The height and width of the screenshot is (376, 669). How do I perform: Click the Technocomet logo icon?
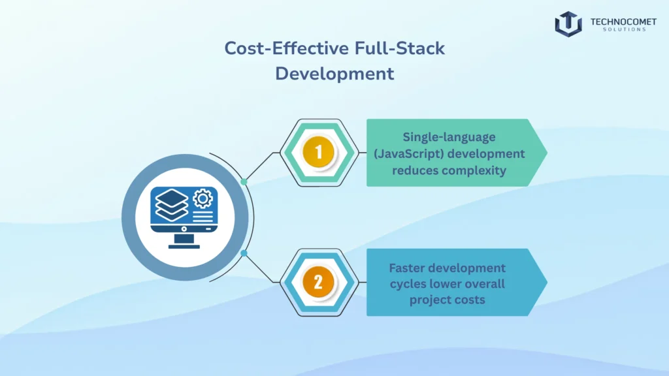(x=568, y=24)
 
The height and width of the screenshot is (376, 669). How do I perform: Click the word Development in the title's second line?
(x=334, y=73)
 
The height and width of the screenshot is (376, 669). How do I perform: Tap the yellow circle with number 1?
(x=319, y=153)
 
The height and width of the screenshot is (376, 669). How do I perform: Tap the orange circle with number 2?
(x=319, y=282)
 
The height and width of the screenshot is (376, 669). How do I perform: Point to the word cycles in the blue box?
(x=409, y=284)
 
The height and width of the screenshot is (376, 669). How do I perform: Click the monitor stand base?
(x=184, y=246)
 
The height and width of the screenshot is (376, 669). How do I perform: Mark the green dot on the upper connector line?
(x=244, y=181)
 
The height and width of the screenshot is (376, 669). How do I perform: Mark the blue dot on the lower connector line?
(x=244, y=253)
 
